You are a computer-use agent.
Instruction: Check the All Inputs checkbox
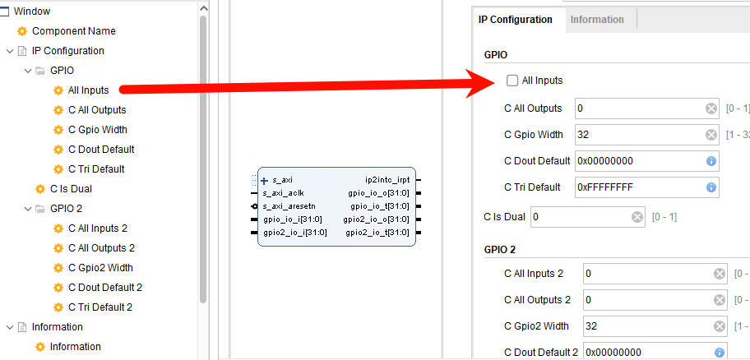(512, 81)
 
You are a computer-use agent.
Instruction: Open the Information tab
(597, 20)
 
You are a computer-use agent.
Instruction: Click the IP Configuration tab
(516, 20)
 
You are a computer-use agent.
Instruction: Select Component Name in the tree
(73, 31)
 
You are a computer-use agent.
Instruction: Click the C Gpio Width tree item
(97, 130)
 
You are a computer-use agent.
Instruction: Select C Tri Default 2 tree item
(100, 307)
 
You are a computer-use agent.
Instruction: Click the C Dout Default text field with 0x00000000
(637, 161)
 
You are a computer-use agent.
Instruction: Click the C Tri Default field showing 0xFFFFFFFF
(637, 187)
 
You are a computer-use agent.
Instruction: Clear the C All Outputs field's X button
(711, 108)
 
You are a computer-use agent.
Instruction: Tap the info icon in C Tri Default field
(711, 187)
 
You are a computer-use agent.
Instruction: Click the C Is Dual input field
(580, 217)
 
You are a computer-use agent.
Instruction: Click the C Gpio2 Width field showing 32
(646, 326)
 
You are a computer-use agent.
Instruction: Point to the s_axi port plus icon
(264, 180)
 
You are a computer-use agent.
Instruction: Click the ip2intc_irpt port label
(387, 179)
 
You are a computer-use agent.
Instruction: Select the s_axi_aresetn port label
(289, 205)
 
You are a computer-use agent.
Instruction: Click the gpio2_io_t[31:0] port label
(377, 233)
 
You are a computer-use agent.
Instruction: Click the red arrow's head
(488, 80)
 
